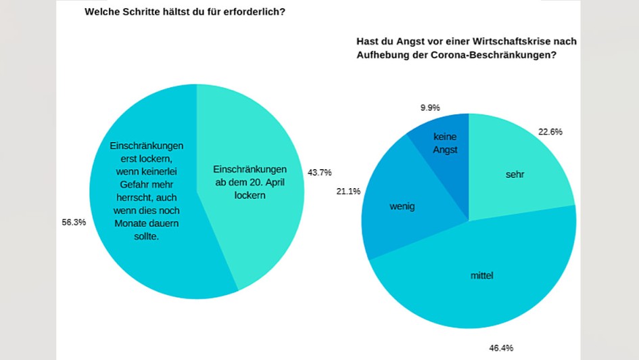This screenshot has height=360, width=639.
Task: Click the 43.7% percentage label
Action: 320,173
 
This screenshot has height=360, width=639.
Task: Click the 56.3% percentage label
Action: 74,222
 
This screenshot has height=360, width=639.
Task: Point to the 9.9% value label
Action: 429,107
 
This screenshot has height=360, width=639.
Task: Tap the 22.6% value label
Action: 550,132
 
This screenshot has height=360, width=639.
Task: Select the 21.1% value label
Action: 348,192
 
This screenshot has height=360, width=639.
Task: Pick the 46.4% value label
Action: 501,348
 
